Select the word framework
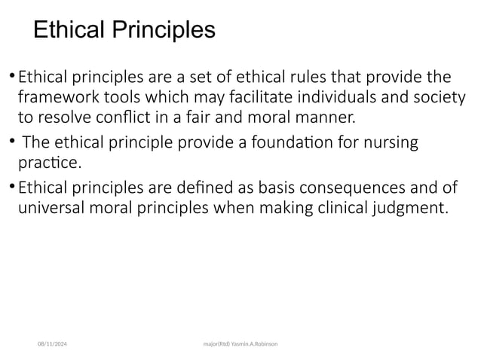[x=55, y=98]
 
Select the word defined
[x=188, y=186]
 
